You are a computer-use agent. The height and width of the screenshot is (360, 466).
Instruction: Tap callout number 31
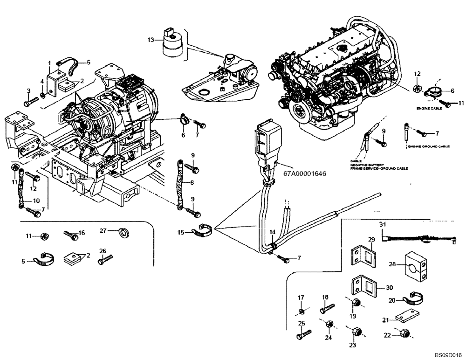(383, 224)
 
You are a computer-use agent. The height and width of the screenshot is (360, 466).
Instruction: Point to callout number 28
(392, 264)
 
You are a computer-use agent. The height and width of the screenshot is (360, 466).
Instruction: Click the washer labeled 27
(123, 232)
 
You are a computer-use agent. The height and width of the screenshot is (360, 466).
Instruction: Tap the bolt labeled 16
(70, 235)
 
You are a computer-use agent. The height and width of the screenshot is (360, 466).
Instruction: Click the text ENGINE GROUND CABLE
(428, 146)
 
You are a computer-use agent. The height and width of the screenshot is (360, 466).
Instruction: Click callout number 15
(181, 232)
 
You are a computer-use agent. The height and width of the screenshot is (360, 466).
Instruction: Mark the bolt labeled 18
(328, 308)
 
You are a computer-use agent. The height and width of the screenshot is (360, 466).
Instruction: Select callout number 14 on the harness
(272, 232)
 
